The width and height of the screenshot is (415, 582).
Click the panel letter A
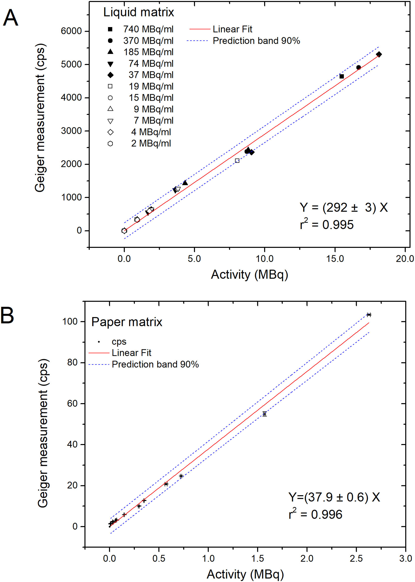(x=10, y=18)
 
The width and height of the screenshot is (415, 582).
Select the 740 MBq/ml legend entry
(x=140, y=29)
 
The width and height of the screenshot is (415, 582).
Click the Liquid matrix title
(x=138, y=12)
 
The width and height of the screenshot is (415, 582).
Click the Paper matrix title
(x=127, y=322)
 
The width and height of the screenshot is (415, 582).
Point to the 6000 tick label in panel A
(x=71, y=31)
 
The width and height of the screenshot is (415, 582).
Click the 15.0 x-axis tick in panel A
(x=335, y=259)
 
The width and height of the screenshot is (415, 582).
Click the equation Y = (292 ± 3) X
(x=344, y=207)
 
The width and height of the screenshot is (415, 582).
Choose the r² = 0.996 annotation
(x=315, y=514)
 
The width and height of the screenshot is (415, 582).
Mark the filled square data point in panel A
(x=342, y=76)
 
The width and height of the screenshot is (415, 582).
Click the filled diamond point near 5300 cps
(x=379, y=54)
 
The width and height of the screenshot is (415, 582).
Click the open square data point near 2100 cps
(x=237, y=161)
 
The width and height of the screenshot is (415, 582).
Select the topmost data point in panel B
(x=369, y=315)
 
